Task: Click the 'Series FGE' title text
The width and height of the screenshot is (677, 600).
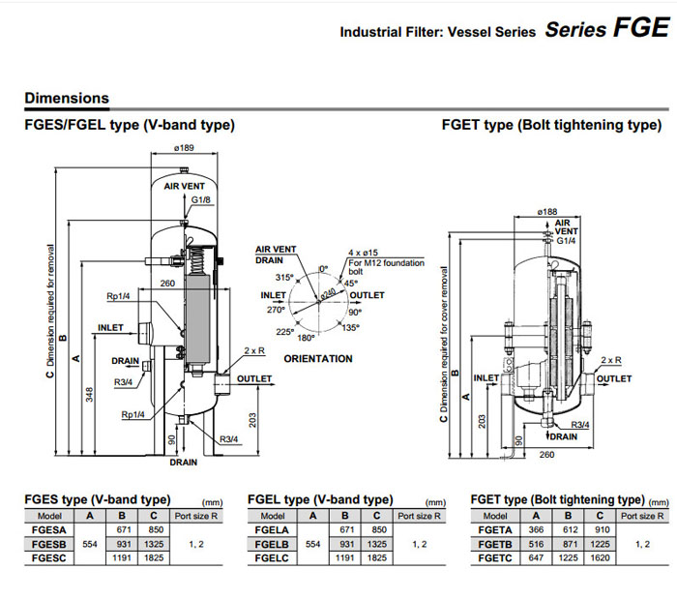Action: pos(605,28)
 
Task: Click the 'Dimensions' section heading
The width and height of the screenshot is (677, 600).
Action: pos(67,98)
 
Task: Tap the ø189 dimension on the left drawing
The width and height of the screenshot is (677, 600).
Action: pos(184,148)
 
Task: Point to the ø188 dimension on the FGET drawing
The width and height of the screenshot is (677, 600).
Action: pos(547,210)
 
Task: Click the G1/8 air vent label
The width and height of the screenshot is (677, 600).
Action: pos(201,199)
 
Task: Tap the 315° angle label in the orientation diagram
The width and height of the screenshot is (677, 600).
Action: pos(283,277)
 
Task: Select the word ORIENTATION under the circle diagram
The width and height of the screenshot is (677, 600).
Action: pos(318,359)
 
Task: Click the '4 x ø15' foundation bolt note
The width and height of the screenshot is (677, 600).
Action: pos(363,251)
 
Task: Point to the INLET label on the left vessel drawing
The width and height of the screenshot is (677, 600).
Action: pos(110,327)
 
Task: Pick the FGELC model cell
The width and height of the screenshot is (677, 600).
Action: pos(273,558)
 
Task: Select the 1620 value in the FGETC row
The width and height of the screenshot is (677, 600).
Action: pos(603,558)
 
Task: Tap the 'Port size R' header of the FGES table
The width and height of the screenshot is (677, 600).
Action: pos(197,516)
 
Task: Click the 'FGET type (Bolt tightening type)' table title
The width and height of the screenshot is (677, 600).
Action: pos(557,499)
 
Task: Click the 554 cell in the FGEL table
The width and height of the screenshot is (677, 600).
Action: pos(312,545)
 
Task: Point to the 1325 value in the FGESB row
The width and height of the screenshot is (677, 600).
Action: pos(153,545)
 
